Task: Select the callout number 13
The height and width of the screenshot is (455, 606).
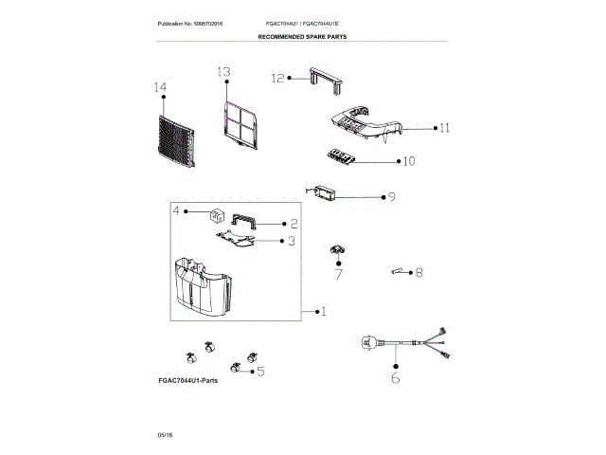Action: pyautogui.click(x=223, y=72)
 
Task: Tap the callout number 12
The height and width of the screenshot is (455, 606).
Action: pyautogui.click(x=277, y=79)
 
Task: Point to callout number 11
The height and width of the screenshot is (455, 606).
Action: pyautogui.click(x=444, y=127)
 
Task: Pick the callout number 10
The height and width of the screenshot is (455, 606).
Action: pyautogui.click(x=409, y=161)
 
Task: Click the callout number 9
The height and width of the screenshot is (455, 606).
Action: pyautogui.click(x=391, y=197)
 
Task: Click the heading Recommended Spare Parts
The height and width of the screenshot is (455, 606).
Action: pyautogui.click(x=302, y=36)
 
